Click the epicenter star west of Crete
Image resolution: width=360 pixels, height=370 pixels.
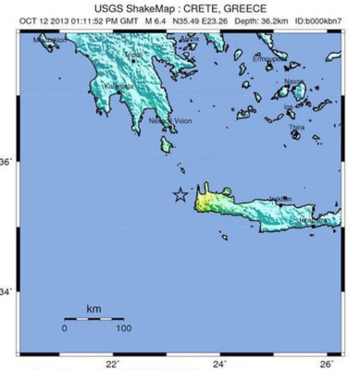180,195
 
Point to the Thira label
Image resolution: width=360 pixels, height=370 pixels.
296,127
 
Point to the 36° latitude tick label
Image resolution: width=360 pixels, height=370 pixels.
7,162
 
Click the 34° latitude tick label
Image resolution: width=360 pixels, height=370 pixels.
7,292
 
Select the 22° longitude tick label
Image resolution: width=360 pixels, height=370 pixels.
112,363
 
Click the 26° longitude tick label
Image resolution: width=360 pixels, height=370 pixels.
327,363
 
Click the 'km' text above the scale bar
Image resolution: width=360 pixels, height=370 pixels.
93,307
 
